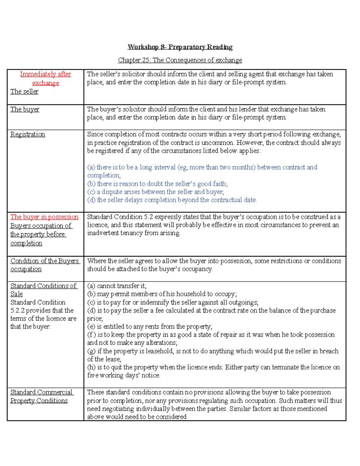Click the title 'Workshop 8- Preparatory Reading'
point(180,47)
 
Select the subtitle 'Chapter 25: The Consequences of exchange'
point(180,60)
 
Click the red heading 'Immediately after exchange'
point(46,78)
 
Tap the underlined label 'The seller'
point(24,92)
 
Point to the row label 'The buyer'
point(25,109)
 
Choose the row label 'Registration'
point(28,134)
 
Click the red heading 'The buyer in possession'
point(44,217)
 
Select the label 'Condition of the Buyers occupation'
point(45,265)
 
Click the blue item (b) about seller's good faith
point(157,184)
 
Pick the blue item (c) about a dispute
point(155,192)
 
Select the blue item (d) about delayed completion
point(172,200)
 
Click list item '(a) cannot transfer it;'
point(117,286)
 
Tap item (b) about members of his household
point(162,294)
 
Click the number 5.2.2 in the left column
point(17,310)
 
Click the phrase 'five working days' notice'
point(123,375)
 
